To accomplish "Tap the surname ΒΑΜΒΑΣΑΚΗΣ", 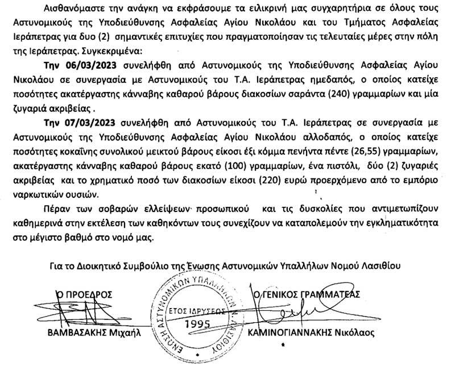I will point(75,334).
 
